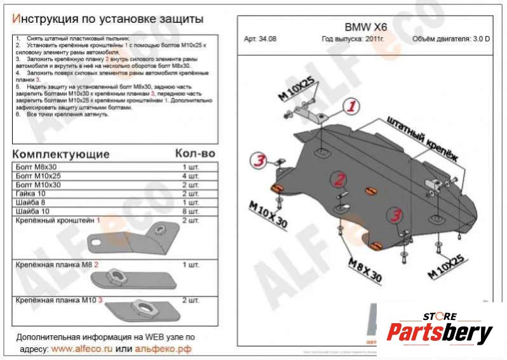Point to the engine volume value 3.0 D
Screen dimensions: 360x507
pos(478,39)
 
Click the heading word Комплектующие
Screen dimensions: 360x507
pos(61,154)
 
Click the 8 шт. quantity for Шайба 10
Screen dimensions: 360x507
pos(190,211)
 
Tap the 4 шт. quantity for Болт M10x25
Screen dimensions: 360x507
pos(190,175)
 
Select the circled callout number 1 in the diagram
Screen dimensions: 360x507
pos(352,105)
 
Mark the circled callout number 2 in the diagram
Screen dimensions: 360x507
pos(340,179)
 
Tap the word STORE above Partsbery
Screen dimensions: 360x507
pos(440,316)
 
